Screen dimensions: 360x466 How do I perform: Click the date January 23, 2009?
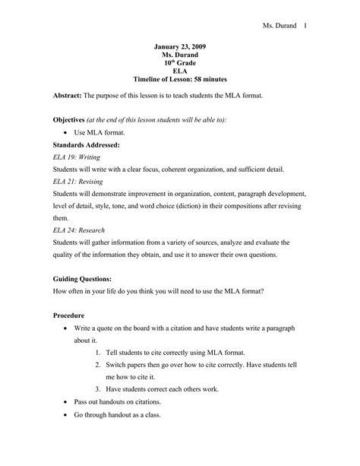coord(179,46)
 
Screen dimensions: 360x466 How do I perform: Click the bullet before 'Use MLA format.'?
coord(67,132)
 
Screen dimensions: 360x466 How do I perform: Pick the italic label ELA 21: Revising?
coord(81,182)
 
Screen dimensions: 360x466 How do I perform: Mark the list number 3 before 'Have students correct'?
coord(98,388)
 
